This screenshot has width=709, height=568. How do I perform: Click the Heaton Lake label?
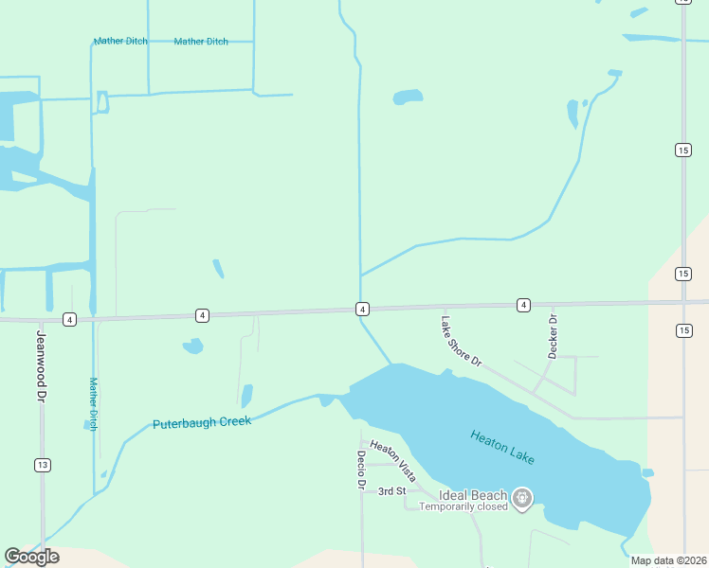502,447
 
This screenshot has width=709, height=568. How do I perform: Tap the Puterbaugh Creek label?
202,422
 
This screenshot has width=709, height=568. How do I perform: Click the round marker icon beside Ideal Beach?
521,497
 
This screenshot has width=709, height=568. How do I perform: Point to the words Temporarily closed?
464,506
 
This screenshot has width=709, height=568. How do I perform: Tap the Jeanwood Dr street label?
41,361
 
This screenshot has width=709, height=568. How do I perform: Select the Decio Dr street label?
361,470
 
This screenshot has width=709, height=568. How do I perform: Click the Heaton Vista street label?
393,461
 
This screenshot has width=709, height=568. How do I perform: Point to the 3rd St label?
391,491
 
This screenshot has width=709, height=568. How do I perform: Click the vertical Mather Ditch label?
93,404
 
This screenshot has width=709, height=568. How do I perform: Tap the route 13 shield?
42,465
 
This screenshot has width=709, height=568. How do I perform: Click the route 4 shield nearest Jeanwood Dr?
69,319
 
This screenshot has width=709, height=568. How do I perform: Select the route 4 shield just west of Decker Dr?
523,305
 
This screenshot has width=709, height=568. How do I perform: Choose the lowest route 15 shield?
683,329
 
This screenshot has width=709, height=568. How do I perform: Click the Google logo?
31,556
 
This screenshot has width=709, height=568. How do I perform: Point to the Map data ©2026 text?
668,560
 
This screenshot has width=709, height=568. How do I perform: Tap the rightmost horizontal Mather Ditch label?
201,42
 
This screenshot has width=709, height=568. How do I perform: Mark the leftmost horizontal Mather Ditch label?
120,42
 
